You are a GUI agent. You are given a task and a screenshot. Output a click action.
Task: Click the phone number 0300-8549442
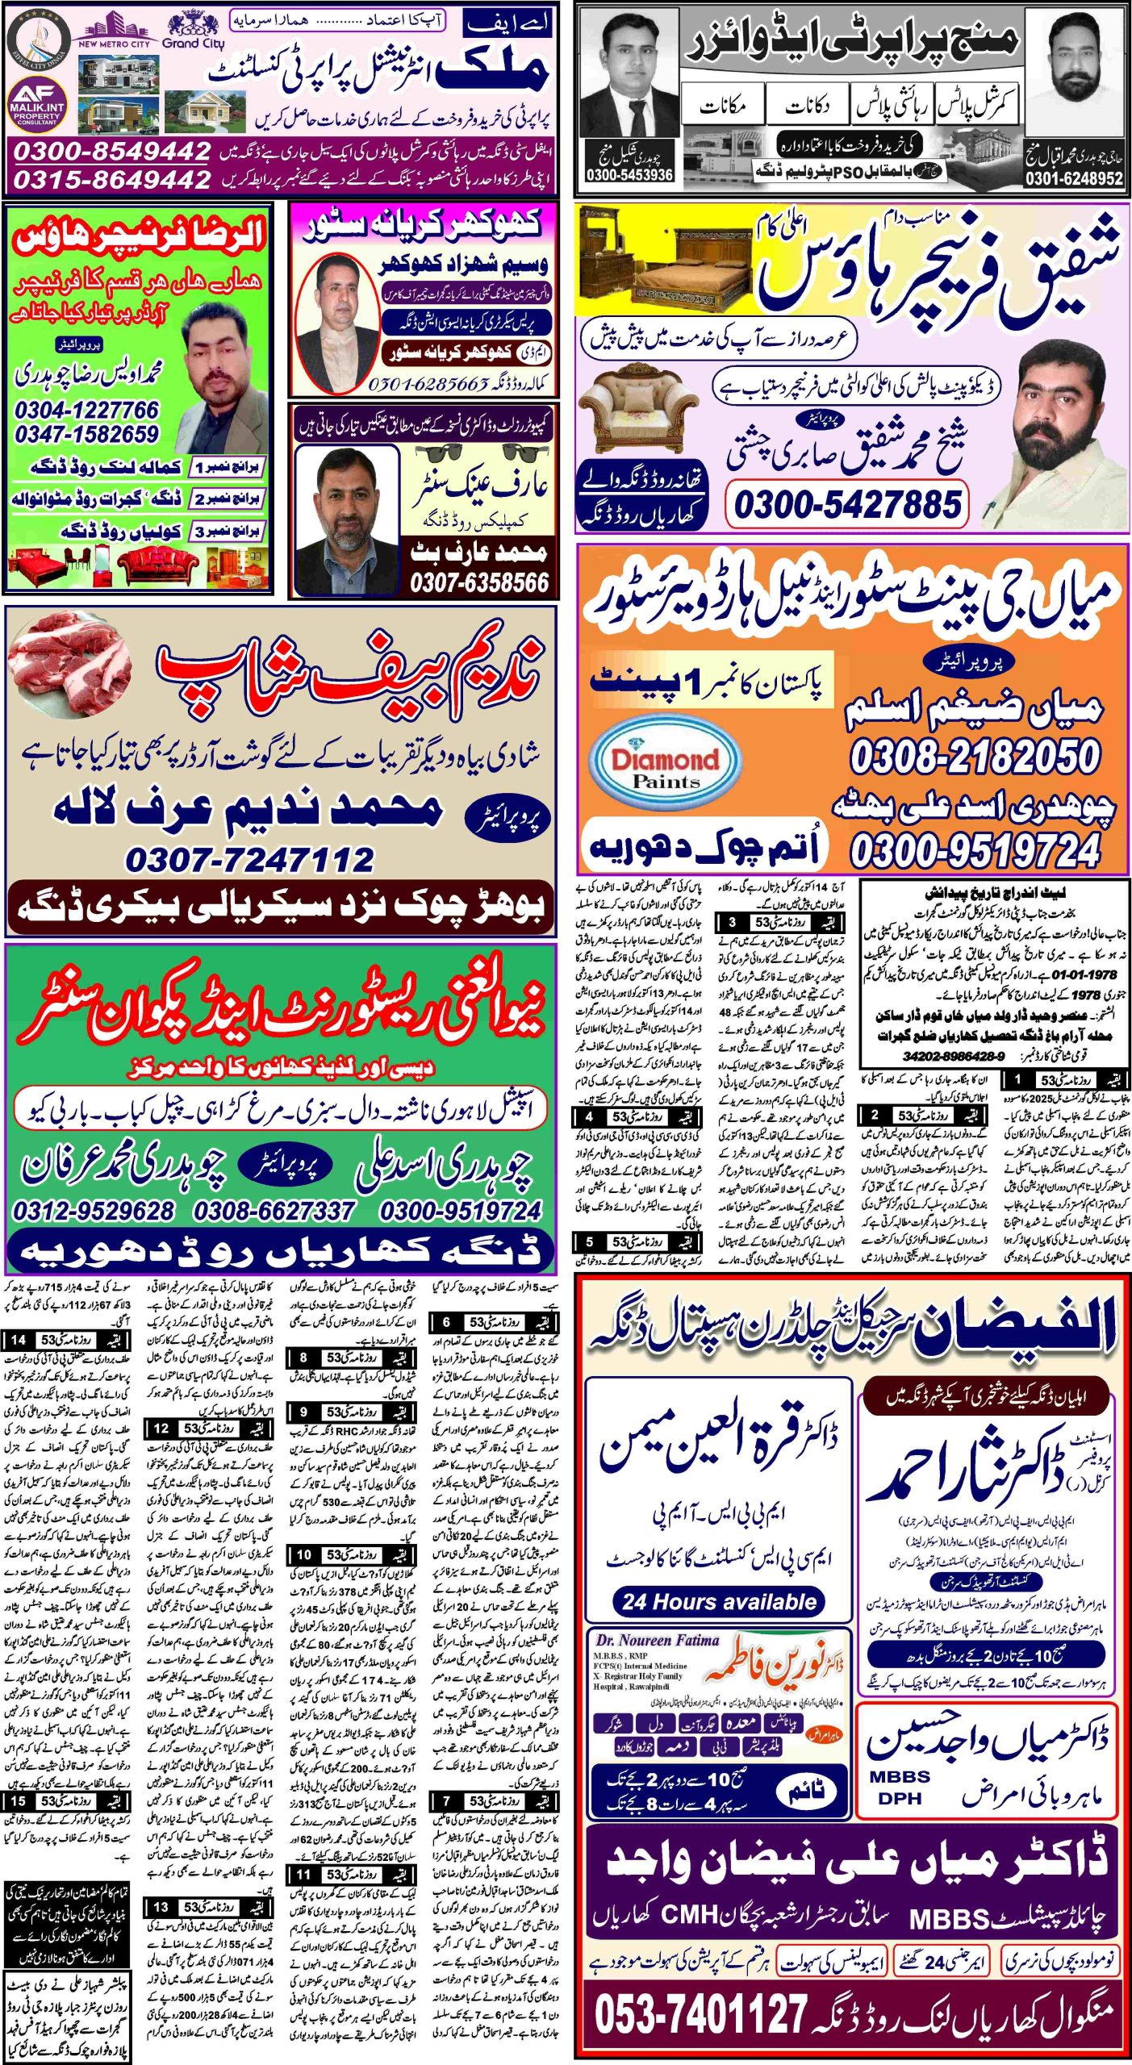(x=112, y=150)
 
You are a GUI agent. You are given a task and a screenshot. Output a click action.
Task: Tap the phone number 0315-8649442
(x=112, y=178)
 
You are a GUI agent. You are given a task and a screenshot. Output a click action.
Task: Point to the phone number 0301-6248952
(x=1073, y=178)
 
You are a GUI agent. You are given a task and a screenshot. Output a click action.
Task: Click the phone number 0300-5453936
(x=629, y=175)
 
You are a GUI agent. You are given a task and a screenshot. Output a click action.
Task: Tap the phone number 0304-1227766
(x=86, y=410)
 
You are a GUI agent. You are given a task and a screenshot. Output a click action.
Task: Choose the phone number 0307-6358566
(x=479, y=582)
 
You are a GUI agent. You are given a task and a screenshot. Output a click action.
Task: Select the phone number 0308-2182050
(x=975, y=757)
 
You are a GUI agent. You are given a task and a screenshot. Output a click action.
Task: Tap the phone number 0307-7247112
(x=249, y=860)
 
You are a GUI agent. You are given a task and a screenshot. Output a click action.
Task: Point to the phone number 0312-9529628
(x=94, y=1211)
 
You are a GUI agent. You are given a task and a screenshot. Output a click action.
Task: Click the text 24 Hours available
(x=719, y=1601)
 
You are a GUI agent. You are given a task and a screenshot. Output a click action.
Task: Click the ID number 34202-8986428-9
(x=954, y=1056)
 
